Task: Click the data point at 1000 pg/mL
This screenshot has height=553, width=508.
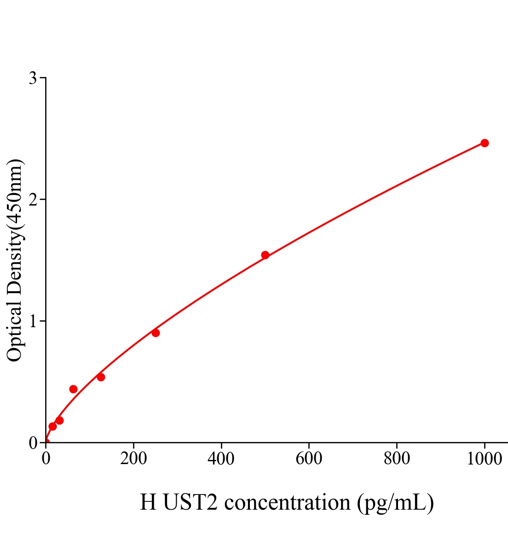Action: pyautogui.click(x=485, y=143)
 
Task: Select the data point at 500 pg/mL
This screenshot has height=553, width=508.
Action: pyautogui.click(x=265, y=255)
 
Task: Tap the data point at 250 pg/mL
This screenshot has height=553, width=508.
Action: pyautogui.click(x=156, y=333)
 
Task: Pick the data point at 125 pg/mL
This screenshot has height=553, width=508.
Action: pyautogui.click(x=101, y=377)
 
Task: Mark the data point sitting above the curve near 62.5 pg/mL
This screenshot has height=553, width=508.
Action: pyautogui.click(x=73, y=389)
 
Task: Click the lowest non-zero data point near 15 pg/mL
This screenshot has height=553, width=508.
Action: pyautogui.click(x=52, y=426)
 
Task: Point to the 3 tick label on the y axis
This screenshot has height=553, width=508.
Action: pyautogui.click(x=33, y=78)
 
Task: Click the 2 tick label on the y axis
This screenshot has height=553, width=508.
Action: pyautogui.click(x=33, y=200)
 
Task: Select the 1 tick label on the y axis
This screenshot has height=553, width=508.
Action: pyautogui.click(x=33, y=321)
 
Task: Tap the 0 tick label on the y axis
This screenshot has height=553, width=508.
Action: pyautogui.click(x=33, y=443)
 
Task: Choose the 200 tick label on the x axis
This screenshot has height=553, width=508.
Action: pyautogui.click(x=133, y=459)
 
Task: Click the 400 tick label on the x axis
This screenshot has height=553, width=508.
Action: pyautogui.click(x=221, y=459)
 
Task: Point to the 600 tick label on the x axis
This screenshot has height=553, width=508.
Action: pyautogui.click(x=309, y=459)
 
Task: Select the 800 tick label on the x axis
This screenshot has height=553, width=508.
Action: pyautogui.click(x=397, y=459)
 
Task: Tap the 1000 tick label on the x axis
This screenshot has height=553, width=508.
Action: pyautogui.click(x=484, y=459)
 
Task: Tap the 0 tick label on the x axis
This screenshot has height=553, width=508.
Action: pyautogui.click(x=46, y=459)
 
